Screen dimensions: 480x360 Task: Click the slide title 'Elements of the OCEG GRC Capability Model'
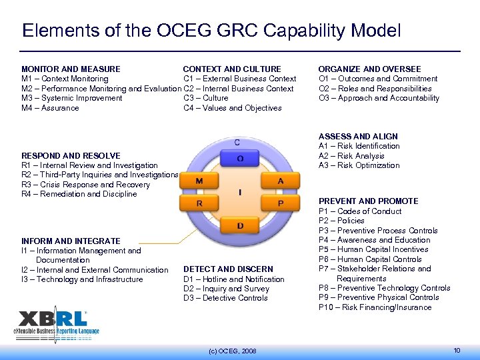coord(211,31)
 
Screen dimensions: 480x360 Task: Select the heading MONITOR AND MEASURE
coord(71,69)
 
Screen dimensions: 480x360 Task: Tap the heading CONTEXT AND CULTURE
coord(232,69)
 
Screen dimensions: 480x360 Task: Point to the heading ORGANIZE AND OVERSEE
coord(369,69)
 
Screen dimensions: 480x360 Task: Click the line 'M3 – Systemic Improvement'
coord(72,98)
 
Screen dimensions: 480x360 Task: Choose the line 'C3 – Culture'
coord(205,98)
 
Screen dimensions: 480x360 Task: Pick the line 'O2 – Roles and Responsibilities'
coord(375,89)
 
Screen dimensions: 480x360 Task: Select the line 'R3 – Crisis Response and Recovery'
coord(85,185)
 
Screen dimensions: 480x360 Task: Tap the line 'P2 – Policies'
coord(341,221)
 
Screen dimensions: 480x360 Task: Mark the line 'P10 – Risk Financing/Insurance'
coord(375,307)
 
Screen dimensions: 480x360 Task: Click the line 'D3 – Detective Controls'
coord(225,298)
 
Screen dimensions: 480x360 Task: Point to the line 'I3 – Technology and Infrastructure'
coord(82,279)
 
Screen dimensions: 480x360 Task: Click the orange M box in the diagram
coord(199,181)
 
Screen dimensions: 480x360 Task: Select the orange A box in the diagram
coord(281,181)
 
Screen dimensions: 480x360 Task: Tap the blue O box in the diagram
coord(240,159)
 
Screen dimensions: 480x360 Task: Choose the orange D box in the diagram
coord(240,226)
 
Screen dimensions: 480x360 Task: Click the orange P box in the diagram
coord(281,203)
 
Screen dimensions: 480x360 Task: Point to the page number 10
coord(457,350)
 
